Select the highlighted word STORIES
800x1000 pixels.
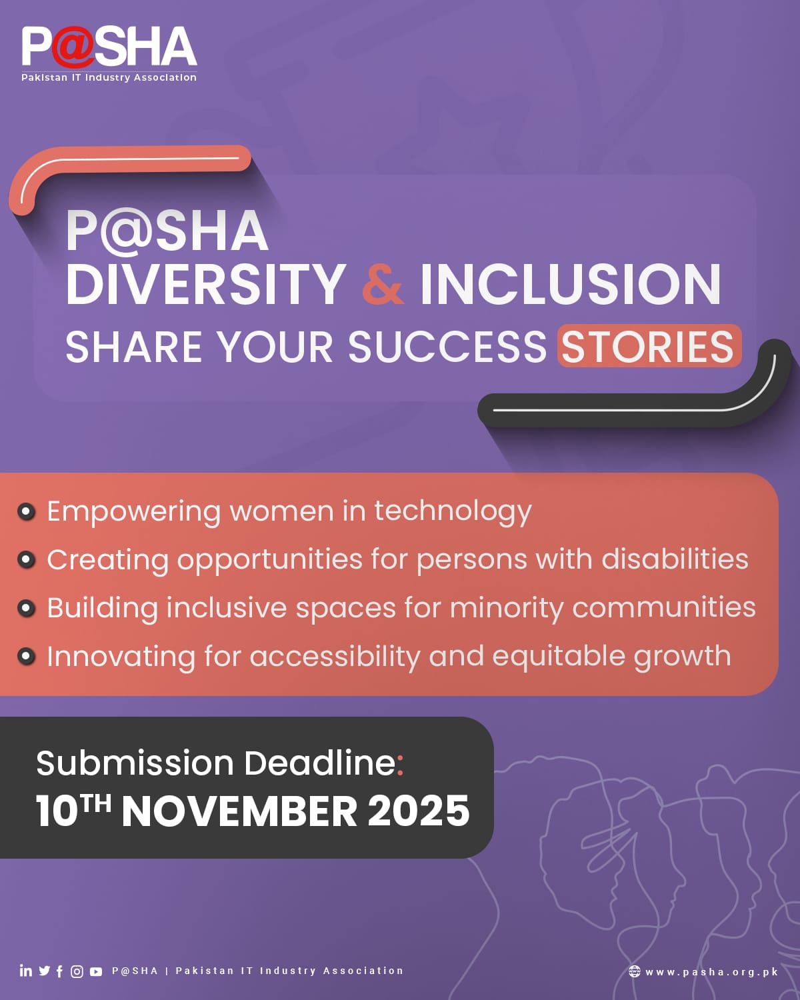click(x=649, y=346)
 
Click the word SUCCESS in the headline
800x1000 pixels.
click(x=447, y=347)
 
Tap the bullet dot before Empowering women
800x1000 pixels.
click(x=27, y=511)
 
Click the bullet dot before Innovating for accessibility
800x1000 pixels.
click(x=27, y=657)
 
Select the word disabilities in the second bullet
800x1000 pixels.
click(x=675, y=559)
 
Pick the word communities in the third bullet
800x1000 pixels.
click(x=664, y=607)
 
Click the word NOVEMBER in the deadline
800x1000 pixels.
click(x=239, y=811)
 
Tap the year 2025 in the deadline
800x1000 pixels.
click(x=419, y=811)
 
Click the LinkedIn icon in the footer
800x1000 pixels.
click(x=25, y=970)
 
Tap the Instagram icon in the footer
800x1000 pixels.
click(x=77, y=971)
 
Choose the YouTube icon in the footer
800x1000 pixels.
click(x=96, y=971)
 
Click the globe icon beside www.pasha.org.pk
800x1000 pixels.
click(x=634, y=971)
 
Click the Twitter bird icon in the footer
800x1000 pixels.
click(x=45, y=971)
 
